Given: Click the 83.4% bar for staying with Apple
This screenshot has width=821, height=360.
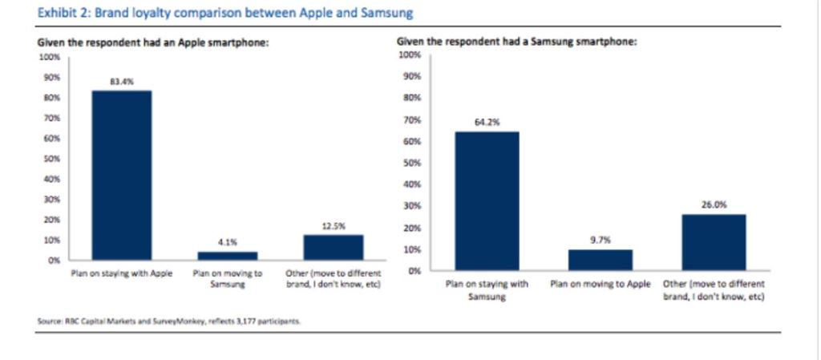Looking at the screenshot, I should (121, 175).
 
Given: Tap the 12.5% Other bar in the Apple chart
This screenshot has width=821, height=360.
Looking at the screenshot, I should (333, 247).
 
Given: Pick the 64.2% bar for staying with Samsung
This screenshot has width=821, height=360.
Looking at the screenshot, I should (487, 200).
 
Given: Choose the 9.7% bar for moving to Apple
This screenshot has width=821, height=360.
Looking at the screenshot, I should (601, 260).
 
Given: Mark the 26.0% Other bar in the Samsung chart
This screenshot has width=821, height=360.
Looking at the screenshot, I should (714, 241).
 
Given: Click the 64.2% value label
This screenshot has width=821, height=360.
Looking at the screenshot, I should (487, 123).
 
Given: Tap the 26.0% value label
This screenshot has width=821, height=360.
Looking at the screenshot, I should (714, 204).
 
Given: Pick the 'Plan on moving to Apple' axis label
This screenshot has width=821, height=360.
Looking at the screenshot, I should (601, 284).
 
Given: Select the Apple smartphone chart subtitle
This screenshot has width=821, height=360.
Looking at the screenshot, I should (153, 43).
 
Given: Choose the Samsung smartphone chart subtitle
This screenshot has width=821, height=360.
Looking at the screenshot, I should (517, 42).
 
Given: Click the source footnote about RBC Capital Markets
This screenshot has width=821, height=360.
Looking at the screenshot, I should (168, 321).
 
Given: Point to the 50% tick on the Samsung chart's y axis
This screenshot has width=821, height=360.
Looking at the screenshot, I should (410, 163).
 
